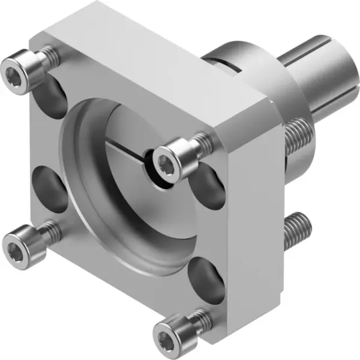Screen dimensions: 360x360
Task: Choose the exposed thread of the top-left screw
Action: click(x=52, y=57)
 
